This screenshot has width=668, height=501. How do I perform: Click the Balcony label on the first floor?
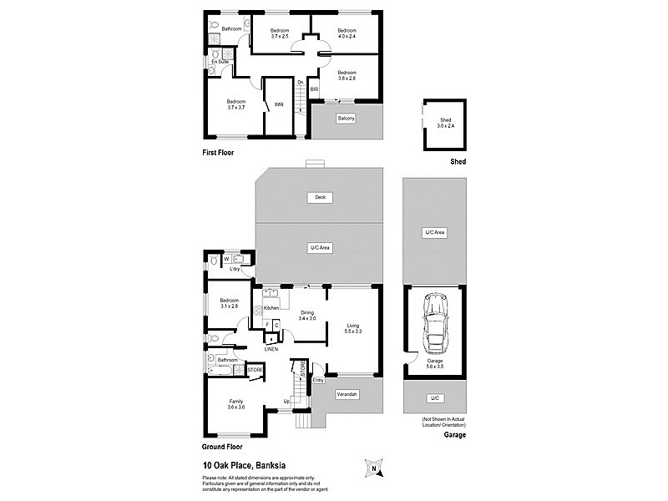pyautogui.click(x=347, y=119)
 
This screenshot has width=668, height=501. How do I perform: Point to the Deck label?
pyautogui.click(x=319, y=198)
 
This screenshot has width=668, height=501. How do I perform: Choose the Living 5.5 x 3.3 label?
pyautogui.click(x=353, y=328)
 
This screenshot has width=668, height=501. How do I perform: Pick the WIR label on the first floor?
pyautogui.click(x=279, y=104)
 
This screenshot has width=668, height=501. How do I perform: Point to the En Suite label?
pyautogui.click(x=220, y=62)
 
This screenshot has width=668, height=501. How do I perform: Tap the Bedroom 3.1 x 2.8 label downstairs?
pyautogui.click(x=229, y=303)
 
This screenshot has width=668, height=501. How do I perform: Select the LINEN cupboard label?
pyautogui.click(x=271, y=348)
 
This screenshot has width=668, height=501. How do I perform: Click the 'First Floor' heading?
pyautogui.click(x=218, y=153)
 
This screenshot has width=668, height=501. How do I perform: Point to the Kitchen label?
pyautogui.click(x=271, y=308)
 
